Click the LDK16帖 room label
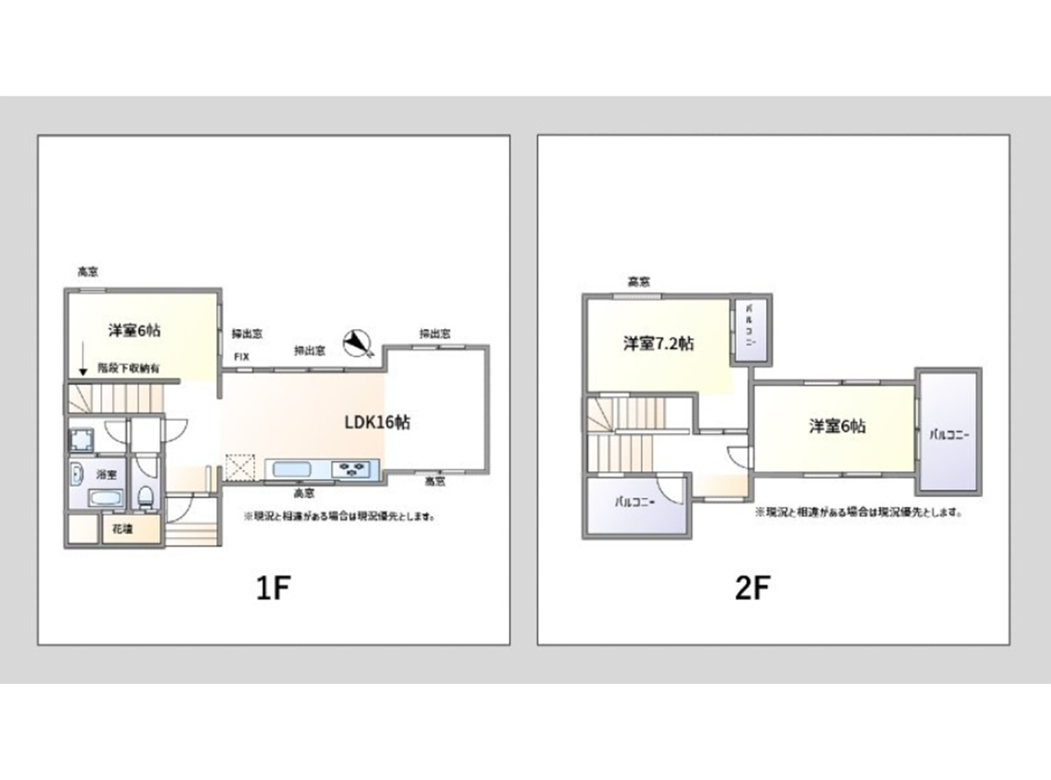pos(377,422)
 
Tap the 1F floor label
pos(272,588)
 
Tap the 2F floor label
pos(753,588)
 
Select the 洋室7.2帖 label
pos(658,344)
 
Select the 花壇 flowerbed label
pos(122,530)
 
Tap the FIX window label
pos(241,357)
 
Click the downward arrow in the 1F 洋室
pos(83,359)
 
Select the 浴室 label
pos(106,474)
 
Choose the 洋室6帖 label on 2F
pos(837,426)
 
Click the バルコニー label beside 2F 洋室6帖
pos(949,434)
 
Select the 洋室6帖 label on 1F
pos(135,330)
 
